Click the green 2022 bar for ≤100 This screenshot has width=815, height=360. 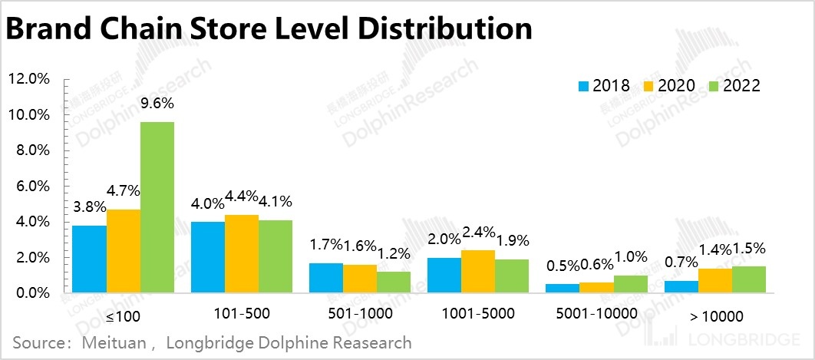pyautogui.click(x=157, y=207)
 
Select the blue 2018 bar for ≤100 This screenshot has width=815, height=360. pyautogui.click(x=89, y=259)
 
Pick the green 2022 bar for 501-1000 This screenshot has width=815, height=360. pyautogui.click(x=393, y=282)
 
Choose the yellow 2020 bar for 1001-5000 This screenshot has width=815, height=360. pyautogui.click(x=478, y=271)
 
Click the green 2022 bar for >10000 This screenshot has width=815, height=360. pyautogui.click(x=748, y=279)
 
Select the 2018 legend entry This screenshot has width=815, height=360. pyautogui.click(x=604, y=86)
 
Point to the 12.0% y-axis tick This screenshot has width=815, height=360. pyautogui.click(x=28, y=79)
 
